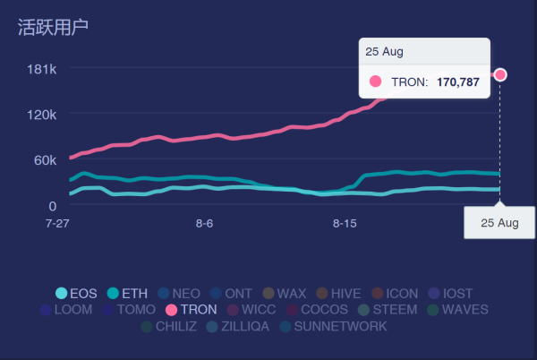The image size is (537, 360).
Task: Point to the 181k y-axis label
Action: [x=42, y=69]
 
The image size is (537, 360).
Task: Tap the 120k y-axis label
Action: [x=42, y=115]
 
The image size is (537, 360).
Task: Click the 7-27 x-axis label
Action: [x=56, y=222]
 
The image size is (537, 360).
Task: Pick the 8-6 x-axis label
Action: [x=204, y=222]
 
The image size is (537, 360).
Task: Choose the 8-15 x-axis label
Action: [x=345, y=222]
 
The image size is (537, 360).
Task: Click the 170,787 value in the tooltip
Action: [x=458, y=81]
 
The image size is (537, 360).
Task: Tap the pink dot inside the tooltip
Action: [x=375, y=81]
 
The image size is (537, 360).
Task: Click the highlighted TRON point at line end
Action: [x=500, y=74]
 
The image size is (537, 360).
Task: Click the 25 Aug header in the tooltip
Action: [x=386, y=51]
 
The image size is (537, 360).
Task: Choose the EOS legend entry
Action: [x=76, y=293]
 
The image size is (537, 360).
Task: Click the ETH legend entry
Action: [x=127, y=293]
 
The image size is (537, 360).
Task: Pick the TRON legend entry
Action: [x=191, y=310]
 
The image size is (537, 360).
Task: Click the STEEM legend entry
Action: [x=388, y=310]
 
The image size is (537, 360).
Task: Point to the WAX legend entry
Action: [x=284, y=293]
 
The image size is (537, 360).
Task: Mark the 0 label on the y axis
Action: [x=53, y=205]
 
